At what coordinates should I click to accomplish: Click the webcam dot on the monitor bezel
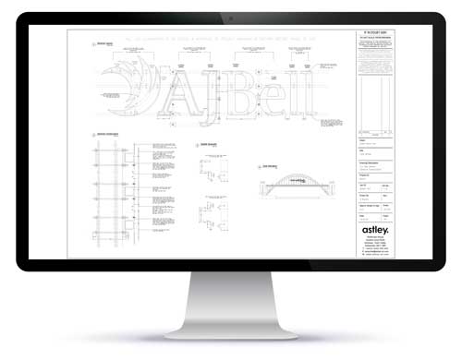coord(230,18)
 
